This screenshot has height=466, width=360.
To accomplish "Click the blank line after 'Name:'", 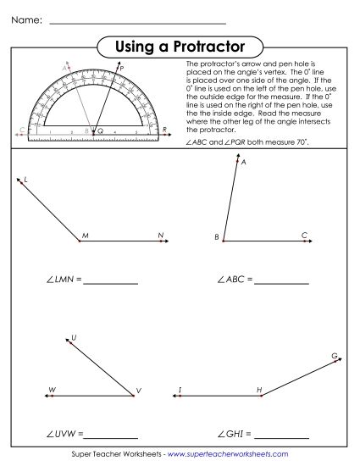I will tap(137, 23).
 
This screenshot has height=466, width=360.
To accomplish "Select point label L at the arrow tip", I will tap(25, 180).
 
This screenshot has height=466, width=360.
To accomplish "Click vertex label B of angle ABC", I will tap(216, 236).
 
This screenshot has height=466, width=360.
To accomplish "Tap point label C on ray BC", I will tap(303, 235).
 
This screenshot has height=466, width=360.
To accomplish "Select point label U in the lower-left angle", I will tap(75, 337).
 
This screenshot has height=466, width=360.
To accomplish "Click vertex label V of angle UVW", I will tap(137, 391).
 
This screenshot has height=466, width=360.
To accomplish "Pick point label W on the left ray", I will tap(52, 391).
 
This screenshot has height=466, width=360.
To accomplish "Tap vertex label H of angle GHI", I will tap(259, 390).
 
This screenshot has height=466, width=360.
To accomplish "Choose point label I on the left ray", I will tap(180, 390).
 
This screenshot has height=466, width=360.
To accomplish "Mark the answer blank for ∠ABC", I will tap(281, 280).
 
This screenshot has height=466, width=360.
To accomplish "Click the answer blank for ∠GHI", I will tap(280, 435).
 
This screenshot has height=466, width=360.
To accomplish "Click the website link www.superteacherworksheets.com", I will tap(227, 456).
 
